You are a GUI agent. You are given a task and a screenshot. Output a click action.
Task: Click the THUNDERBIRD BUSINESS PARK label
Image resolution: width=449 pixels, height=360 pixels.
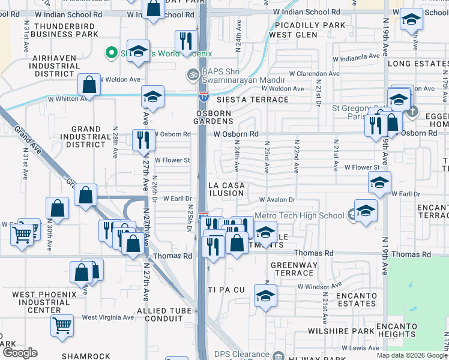pyautogui.click(x=66, y=30)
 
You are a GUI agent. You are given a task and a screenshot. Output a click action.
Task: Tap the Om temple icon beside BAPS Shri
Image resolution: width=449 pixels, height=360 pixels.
pyautogui.click(x=192, y=75)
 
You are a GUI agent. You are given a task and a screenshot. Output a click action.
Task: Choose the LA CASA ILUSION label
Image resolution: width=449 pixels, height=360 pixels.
pyautogui.click(x=226, y=189)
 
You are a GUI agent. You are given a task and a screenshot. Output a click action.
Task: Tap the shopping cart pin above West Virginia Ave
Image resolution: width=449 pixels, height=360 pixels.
pyautogui.click(x=62, y=325)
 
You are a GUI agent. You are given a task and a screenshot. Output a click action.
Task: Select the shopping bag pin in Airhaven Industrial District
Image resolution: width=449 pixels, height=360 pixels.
pyautogui.click(x=89, y=85)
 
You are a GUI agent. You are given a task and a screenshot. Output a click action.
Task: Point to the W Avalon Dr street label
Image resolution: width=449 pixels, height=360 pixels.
pyautogui.click(x=277, y=200)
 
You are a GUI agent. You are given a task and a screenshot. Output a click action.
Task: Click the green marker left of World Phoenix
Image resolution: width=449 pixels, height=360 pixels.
pyautogui.click(x=110, y=53)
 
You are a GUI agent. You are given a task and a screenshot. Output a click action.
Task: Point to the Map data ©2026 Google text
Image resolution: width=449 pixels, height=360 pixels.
pyautogui.click(x=412, y=355)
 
